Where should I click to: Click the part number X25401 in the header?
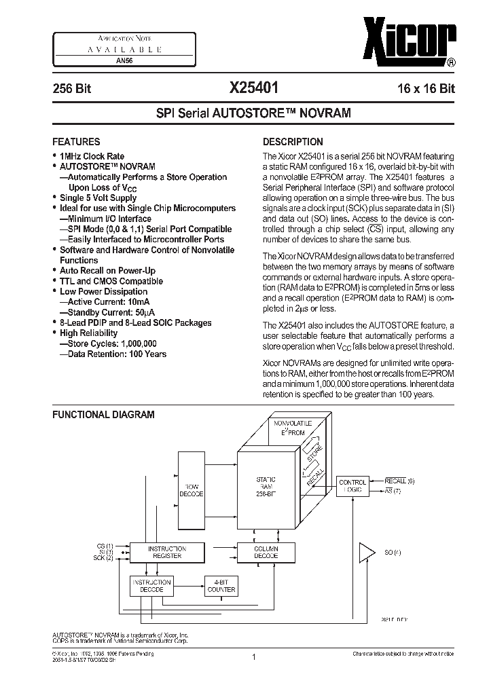(253, 88)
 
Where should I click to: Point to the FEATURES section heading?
(76, 142)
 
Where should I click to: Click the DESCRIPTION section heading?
(293, 142)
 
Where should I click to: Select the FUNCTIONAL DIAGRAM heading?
(103, 414)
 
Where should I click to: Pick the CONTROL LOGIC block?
(371, 485)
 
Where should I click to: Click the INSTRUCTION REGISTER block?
(166, 552)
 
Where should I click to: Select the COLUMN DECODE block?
(266, 552)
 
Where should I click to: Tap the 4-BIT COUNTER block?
(221, 586)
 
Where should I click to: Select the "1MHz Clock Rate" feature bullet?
(92, 156)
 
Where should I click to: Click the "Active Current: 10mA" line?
(107, 301)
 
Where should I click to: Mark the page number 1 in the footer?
(253, 657)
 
